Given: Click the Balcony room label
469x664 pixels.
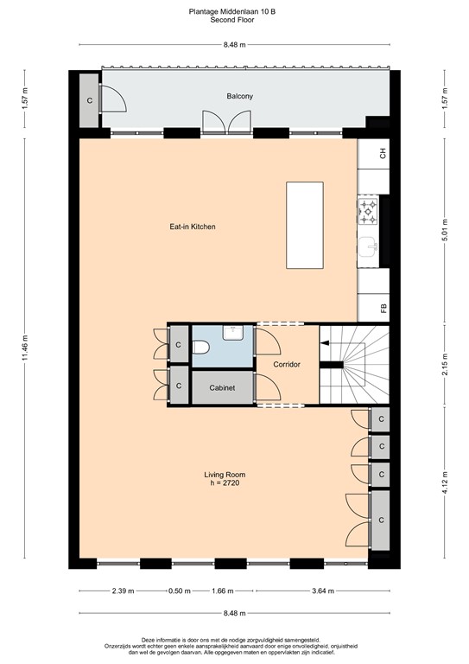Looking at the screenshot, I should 239,97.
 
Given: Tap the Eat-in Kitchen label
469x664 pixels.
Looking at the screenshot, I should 192,227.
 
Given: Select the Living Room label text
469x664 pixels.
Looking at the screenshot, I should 225,475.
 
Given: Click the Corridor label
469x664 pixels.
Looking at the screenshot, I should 287,365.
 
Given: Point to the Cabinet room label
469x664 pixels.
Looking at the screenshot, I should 222,388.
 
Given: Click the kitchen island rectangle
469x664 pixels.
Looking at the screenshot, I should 305,227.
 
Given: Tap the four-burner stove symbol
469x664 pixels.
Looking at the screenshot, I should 367,209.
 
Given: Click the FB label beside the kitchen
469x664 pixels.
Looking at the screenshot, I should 383,306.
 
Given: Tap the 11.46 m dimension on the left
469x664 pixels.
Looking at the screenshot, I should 26,349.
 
